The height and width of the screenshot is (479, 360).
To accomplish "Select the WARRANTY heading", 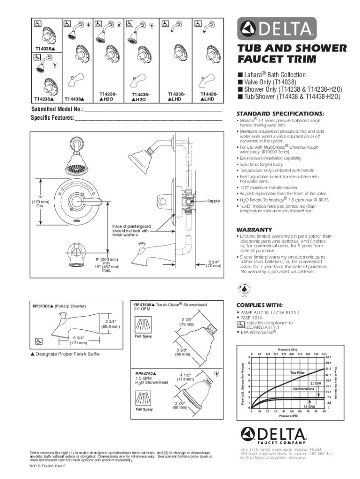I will tap(254, 229).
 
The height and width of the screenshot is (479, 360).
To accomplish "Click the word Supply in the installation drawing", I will tap(214, 201).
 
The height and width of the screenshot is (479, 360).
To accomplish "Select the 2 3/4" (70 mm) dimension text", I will tap(214, 264).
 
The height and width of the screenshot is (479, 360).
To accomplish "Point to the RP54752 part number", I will tap(145, 374).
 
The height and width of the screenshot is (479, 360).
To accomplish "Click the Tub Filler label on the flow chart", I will tap(297, 372).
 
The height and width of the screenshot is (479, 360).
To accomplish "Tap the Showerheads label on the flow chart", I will tap(303, 389).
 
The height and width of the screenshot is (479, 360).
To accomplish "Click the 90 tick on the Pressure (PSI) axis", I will tap(324, 412).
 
